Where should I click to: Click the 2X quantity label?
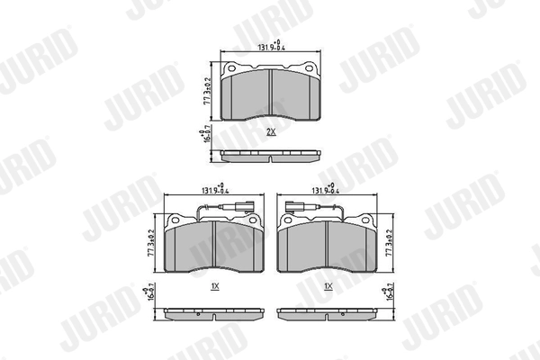click(x=270, y=131)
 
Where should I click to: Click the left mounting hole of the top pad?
click(x=232, y=69)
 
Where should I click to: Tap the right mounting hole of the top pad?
click(x=310, y=69)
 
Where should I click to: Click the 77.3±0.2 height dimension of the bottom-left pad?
click(x=155, y=243)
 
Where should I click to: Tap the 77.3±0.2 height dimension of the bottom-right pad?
click(x=388, y=243)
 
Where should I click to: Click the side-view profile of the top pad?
click(x=271, y=157)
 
